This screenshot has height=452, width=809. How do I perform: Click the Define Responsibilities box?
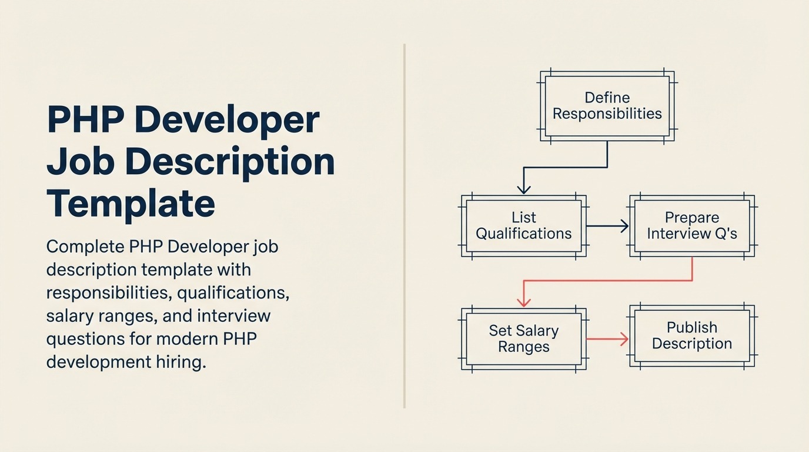click(x=607, y=106)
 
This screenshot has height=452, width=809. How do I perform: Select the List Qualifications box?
click(x=523, y=226)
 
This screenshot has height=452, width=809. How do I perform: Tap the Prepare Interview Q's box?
click(x=691, y=226)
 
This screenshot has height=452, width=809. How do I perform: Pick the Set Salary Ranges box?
click(x=523, y=338)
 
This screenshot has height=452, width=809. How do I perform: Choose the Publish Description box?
click(x=691, y=335)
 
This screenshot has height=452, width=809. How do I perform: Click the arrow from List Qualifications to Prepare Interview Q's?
click(x=607, y=226)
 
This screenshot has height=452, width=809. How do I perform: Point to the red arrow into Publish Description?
click(x=607, y=338)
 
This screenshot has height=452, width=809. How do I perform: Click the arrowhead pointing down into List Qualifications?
click(x=523, y=188)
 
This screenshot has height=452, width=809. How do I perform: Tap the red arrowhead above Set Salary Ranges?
click(x=523, y=301)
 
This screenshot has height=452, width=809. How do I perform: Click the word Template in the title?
click(x=131, y=203)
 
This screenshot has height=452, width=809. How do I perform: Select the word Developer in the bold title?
click(x=228, y=119)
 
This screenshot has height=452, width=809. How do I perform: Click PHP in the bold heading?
click(x=86, y=119)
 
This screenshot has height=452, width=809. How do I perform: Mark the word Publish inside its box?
click(x=691, y=327)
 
